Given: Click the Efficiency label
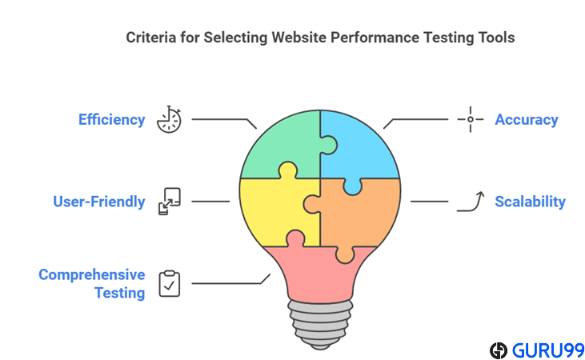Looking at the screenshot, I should click(x=111, y=120).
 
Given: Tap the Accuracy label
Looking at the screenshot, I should click(x=526, y=120).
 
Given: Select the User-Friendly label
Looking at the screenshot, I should click(x=99, y=202).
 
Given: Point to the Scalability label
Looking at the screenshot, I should click(x=530, y=202).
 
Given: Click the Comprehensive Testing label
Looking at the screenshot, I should click(x=92, y=284).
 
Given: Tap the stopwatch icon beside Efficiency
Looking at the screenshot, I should click(x=170, y=119).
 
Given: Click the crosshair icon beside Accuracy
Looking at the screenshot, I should click(x=470, y=120).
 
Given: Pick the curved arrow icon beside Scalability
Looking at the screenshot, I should click(x=471, y=201).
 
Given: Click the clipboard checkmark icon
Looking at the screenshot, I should click(x=170, y=283).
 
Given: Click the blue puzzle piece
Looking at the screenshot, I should click(x=360, y=144).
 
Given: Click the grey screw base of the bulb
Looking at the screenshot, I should click(x=320, y=325).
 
